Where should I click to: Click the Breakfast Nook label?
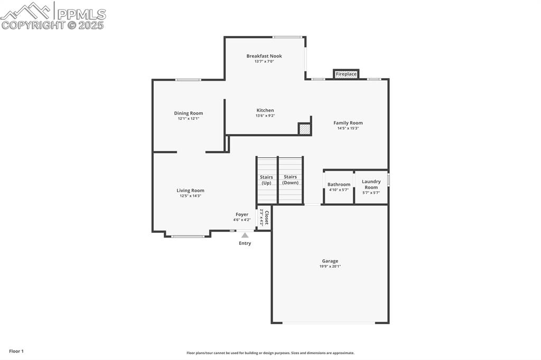[x=264, y=56]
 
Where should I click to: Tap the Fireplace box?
[x=346, y=74]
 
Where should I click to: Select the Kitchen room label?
[x=265, y=110]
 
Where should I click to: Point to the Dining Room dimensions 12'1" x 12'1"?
[x=189, y=119]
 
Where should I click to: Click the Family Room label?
[x=348, y=123]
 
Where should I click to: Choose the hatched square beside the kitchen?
[x=304, y=129]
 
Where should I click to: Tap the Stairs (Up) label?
[x=266, y=180]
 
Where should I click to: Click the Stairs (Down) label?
[x=290, y=180]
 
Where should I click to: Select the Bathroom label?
[x=339, y=185]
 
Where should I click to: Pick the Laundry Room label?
[x=371, y=184]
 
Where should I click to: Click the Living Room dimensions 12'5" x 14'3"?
[x=190, y=196]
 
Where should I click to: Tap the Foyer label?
[x=242, y=215]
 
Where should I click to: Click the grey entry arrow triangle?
[x=245, y=235]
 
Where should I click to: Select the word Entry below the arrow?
[x=245, y=243]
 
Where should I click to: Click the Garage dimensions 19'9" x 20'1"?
[x=330, y=267]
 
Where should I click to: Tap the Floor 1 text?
[x=16, y=351]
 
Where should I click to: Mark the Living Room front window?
[x=188, y=236]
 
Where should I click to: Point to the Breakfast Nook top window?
[x=287, y=37]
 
